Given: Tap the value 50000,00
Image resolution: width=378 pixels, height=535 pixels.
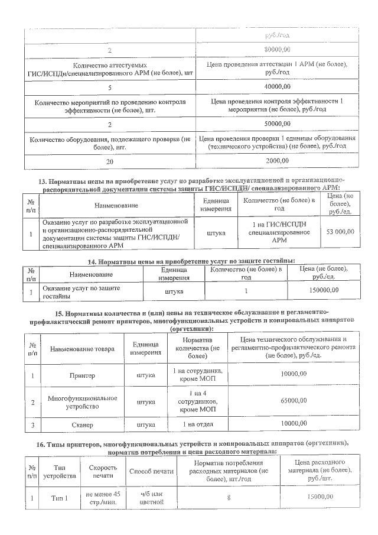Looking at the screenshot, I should [x=277, y=124].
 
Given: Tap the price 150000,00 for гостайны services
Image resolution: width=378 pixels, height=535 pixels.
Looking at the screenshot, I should [x=324, y=290].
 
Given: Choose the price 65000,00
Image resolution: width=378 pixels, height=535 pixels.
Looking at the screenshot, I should [x=294, y=401].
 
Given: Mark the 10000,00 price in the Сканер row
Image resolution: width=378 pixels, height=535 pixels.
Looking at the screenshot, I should [x=294, y=424].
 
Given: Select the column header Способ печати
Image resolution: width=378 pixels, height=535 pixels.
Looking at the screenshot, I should [x=151, y=471].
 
